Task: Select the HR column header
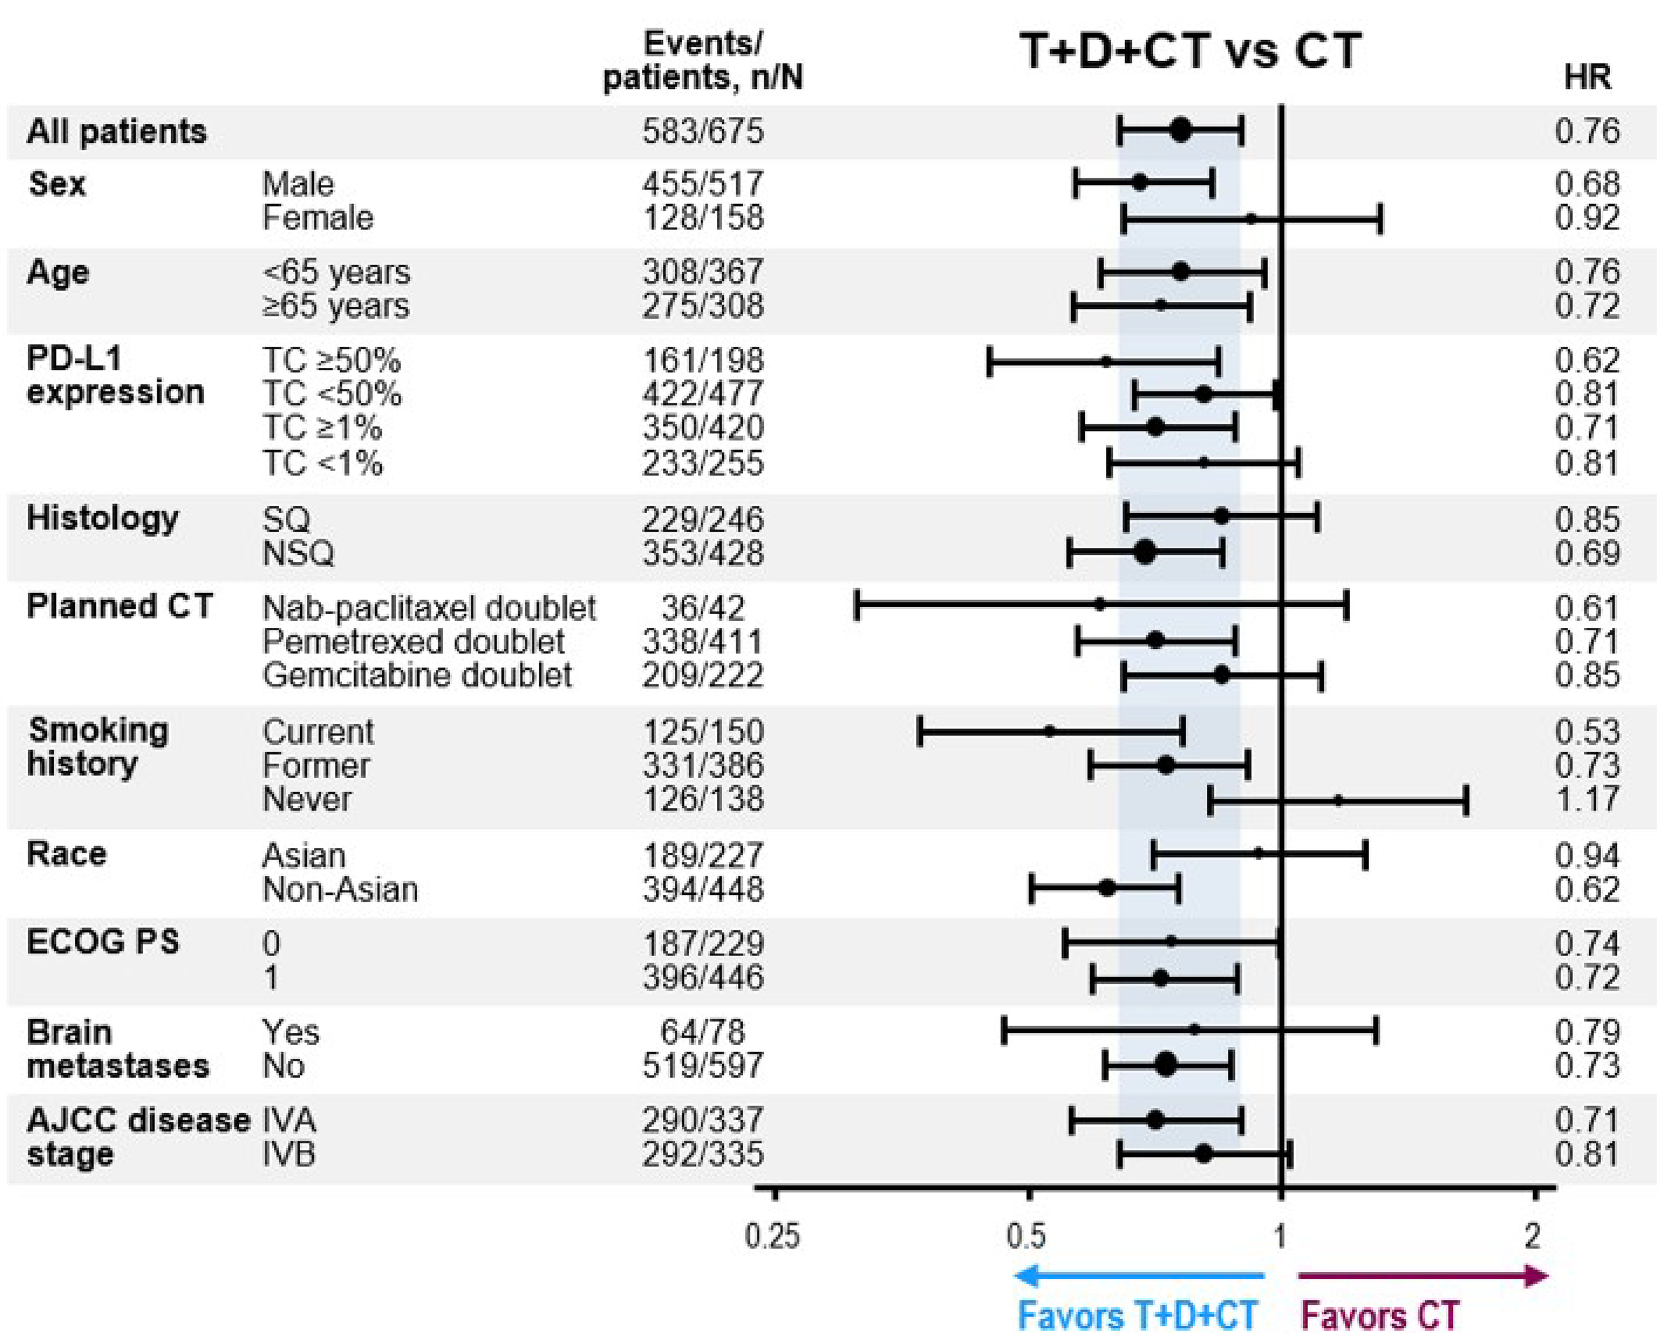click(1587, 77)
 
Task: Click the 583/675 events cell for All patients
click(702, 131)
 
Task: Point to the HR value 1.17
click(1586, 799)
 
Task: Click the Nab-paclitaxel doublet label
click(429, 608)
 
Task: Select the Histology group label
click(102, 519)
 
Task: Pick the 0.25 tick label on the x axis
click(773, 1237)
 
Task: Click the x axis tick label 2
click(1533, 1237)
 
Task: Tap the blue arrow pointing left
click(1138, 1277)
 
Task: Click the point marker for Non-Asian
click(1106, 889)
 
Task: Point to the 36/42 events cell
click(702, 609)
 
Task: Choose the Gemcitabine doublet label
click(417, 675)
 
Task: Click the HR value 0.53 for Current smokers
click(1586, 732)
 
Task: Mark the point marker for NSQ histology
click(1144, 552)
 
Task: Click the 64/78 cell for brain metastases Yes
click(702, 1032)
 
